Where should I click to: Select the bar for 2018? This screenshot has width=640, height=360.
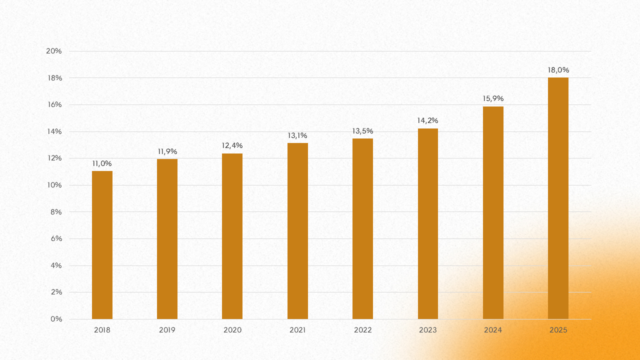(102, 245)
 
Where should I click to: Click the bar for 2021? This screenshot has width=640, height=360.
(297, 231)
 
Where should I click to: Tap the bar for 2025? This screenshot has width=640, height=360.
(558, 198)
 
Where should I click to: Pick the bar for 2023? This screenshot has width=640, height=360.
(428, 223)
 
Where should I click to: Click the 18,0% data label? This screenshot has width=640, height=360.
(558, 70)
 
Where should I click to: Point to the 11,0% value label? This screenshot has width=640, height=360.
(102, 163)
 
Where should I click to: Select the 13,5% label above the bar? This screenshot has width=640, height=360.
(362, 131)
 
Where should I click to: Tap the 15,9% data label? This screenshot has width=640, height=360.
(493, 98)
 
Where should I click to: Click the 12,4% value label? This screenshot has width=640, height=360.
(232, 145)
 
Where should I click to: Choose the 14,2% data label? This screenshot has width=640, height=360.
(427, 120)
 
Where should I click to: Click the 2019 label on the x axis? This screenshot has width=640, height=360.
(167, 330)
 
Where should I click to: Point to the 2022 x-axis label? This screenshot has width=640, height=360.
(362, 330)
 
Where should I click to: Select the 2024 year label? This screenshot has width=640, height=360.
(493, 330)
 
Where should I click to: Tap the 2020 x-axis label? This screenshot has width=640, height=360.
(232, 330)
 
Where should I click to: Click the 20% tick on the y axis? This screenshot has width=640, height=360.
(53, 51)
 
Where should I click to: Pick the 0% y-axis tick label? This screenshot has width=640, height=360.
(56, 319)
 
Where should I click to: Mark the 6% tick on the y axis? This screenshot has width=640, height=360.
(56, 238)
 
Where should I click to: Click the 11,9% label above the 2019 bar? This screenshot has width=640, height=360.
(167, 151)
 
